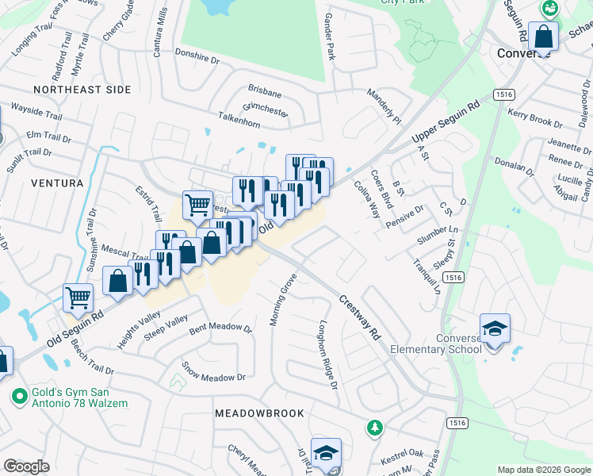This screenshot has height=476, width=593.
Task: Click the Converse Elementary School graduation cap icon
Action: click(x=495, y=328)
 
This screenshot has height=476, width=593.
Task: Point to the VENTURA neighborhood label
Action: click(x=56, y=183)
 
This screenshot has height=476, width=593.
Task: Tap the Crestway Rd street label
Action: click(x=361, y=318)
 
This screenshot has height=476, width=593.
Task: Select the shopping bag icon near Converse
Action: click(x=543, y=36)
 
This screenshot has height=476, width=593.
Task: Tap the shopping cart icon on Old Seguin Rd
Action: click(x=78, y=298)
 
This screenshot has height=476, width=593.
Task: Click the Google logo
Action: click(x=26, y=466)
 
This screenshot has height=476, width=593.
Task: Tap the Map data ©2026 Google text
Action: click(x=543, y=470)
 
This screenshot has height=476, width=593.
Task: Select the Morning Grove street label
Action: click(x=282, y=300)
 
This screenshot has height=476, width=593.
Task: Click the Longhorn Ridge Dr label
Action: click(x=328, y=355)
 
